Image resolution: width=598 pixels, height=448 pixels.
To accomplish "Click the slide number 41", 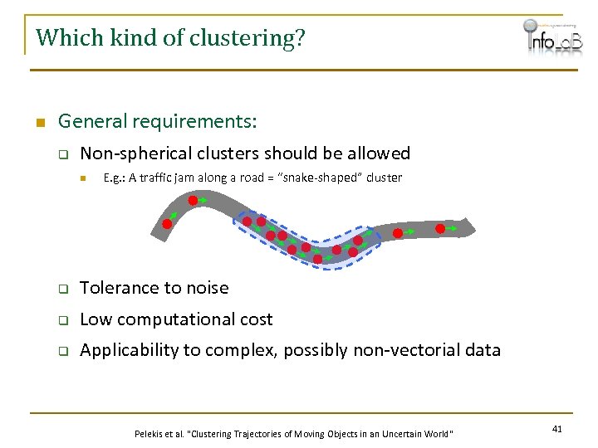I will [556, 428].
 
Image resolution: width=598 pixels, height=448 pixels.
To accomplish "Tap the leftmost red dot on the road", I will [166, 224].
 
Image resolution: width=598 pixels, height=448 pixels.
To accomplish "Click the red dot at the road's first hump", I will [193, 200].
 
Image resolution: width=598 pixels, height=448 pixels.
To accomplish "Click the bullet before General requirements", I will [38, 123].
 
